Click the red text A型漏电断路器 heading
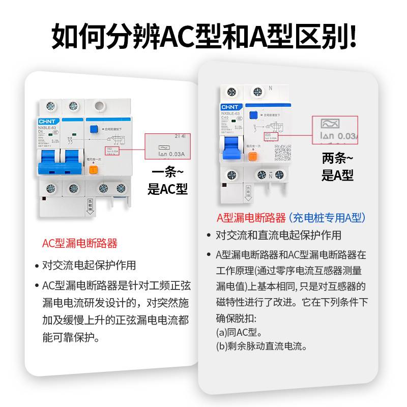(x=251, y=218)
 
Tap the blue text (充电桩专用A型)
(x=327, y=218)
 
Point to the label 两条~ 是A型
(x=337, y=167)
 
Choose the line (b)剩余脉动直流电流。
(x=261, y=347)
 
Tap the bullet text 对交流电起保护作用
(x=89, y=265)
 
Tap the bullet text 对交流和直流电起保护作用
(x=278, y=235)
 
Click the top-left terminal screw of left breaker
(x=50, y=106)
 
